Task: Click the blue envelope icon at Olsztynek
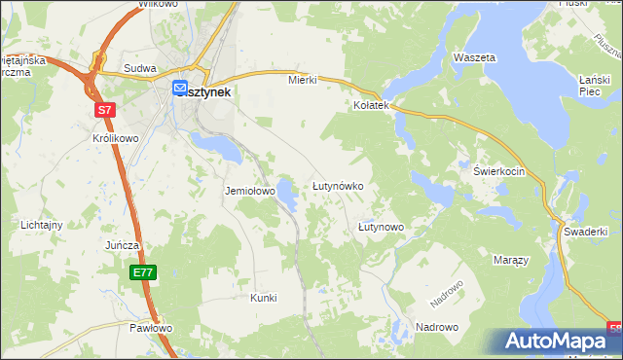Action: coord(181,88)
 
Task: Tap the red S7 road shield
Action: coord(105,112)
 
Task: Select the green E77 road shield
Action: coord(142,273)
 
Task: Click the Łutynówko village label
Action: coord(337,185)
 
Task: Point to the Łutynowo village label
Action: coord(381,227)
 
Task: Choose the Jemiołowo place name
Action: coord(250,192)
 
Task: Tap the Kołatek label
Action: coord(371,105)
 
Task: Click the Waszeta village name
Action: coord(475,57)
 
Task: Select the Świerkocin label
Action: coord(499,170)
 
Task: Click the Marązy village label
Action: coord(510,261)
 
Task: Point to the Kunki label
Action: coord(264,298)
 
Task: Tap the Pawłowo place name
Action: coord(151,328)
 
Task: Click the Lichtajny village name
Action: coord(42,225)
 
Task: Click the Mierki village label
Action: coord(303,80)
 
